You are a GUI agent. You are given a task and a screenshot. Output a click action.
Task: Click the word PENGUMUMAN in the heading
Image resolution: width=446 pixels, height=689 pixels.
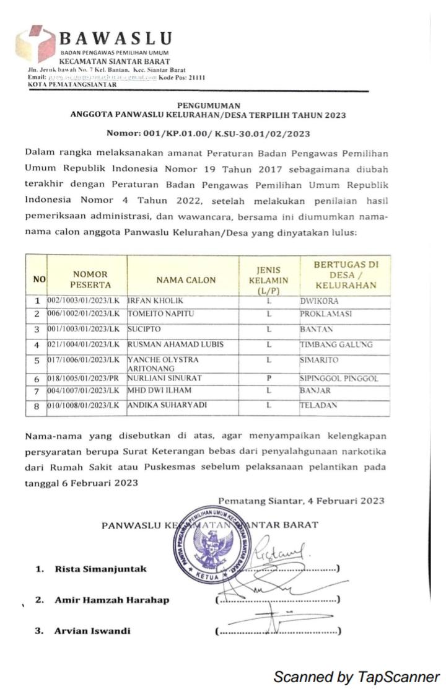(x=208, y=105)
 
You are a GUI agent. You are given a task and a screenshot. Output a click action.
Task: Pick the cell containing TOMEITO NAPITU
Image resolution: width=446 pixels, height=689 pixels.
(x=161, y=314)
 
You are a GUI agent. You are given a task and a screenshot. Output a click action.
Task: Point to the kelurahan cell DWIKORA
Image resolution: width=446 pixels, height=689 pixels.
(x=320, y=301)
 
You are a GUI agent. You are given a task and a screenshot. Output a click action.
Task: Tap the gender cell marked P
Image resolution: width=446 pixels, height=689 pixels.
(x=269, y=378)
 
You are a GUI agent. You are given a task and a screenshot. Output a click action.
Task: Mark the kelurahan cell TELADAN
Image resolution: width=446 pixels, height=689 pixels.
(x=319, y=405)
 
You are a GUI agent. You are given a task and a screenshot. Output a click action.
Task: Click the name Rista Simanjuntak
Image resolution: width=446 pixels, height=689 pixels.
(x=101, y=569)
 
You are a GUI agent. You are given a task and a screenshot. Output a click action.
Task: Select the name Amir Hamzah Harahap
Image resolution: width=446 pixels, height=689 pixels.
(x=111, y=600)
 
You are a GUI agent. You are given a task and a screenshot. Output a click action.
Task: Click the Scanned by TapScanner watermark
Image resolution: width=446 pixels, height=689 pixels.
(x=356, y=677)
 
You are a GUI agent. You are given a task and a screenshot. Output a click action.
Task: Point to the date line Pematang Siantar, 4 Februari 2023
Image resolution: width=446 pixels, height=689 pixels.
(x=301, y=501)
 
